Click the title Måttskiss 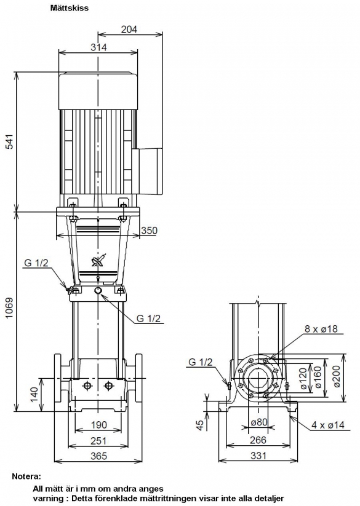coord(69,8)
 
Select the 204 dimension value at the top coord(129,30)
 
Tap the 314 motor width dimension coord(98,47)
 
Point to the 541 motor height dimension coord(10,141)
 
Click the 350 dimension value coord(149,231)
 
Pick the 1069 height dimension coord(10,307)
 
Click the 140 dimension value coord(34,394)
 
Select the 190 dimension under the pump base coord(98,425)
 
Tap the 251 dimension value coord(98,441)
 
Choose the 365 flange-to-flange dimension coord(98,456)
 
